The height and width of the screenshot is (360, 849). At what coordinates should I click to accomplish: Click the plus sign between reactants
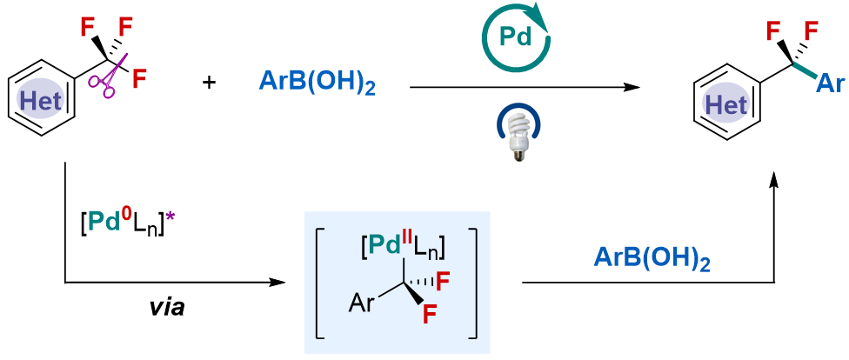point(210,83)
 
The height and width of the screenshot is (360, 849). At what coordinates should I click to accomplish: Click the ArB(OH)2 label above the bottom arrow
point(653,258)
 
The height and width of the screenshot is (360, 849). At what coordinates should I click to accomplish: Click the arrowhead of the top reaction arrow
point(632,87)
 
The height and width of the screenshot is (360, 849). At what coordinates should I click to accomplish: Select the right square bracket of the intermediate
point(472,283)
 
